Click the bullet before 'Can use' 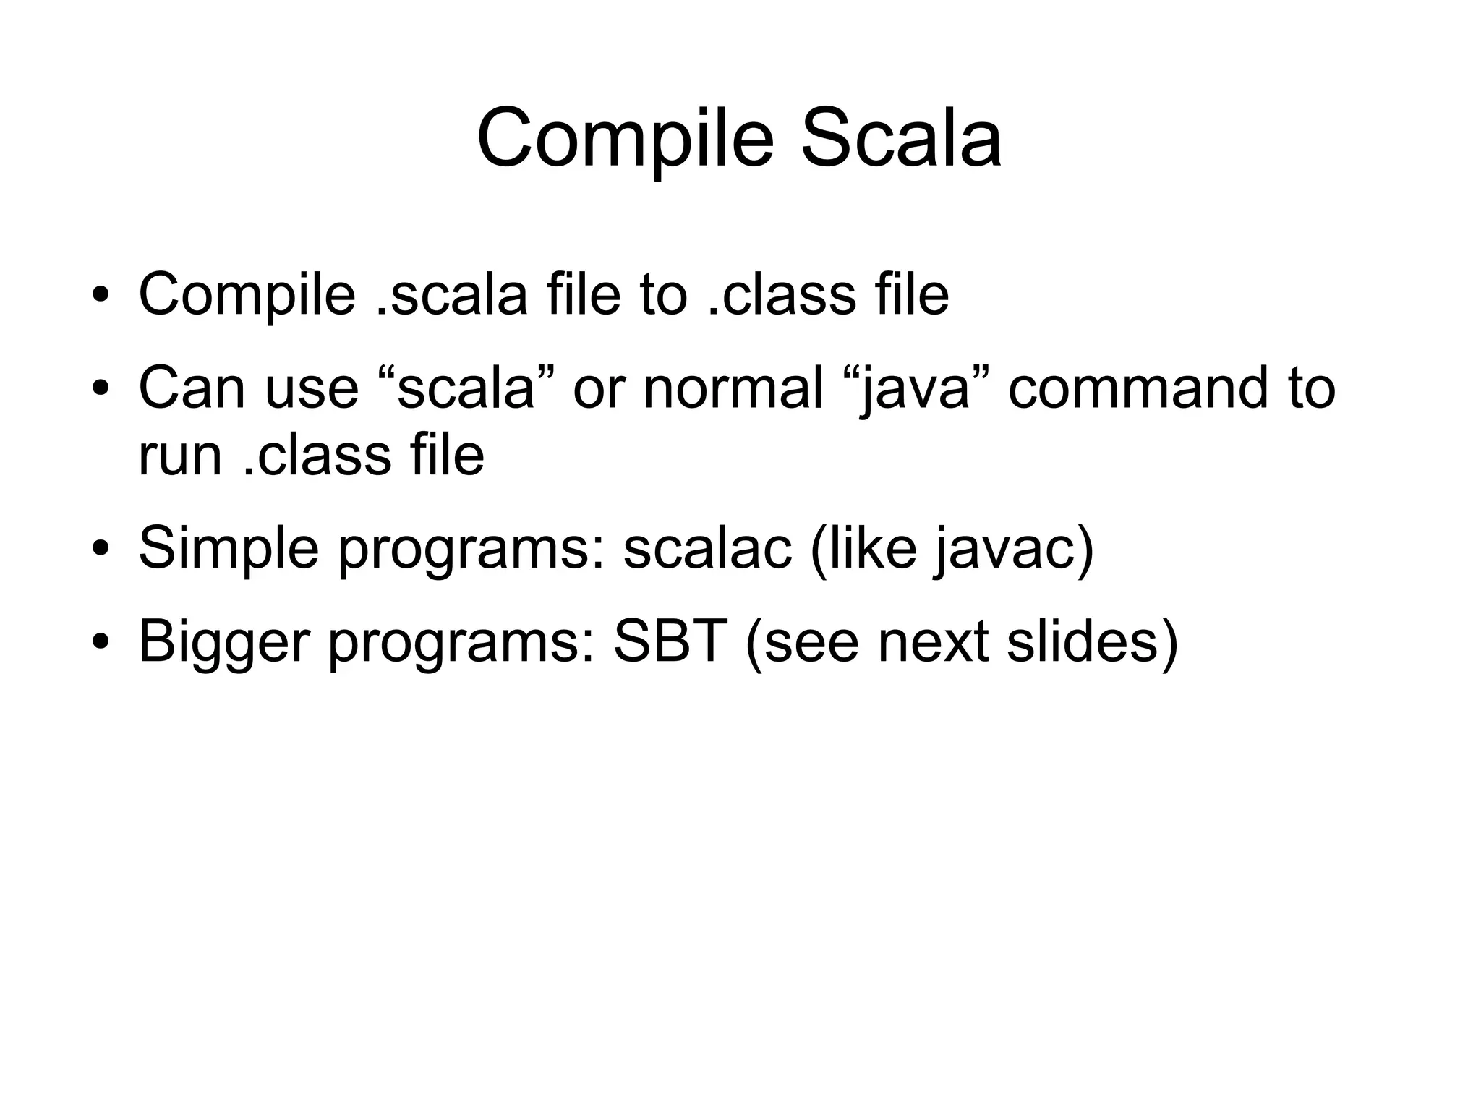(x=100, y=388)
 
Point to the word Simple (x=229, y=548)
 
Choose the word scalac (x=707, y=548)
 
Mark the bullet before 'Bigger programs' (x=100, y=641)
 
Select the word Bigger (x=223, y=641)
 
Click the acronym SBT (x=670, y=641)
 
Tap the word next (x=933, y=641)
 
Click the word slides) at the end (x=1092, y=641)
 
